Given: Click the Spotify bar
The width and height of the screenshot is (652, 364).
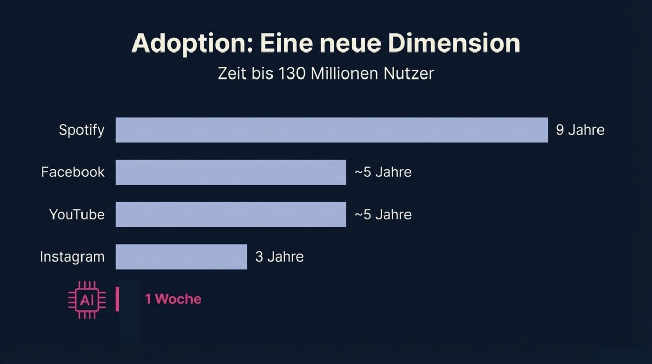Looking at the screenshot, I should point(331,130).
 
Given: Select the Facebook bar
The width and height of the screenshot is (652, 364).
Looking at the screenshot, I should point(230,172).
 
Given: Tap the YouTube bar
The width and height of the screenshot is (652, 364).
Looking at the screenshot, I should point(230,215).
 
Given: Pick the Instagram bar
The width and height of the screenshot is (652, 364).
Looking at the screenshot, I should point(181,256).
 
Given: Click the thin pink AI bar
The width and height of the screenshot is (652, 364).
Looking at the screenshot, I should point(117,299).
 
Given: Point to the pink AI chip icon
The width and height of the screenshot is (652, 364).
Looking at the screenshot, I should point(87,300).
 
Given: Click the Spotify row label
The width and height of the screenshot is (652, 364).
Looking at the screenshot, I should point(81,130).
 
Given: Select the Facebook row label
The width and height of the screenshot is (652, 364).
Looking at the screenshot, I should point(73,172).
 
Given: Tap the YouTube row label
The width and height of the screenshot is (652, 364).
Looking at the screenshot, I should point(77,215).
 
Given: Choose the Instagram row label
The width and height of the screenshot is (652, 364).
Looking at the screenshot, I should point(72,256).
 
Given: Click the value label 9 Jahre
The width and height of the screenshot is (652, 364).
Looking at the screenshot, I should point(580,130).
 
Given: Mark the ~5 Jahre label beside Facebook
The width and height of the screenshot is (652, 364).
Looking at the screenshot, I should point(383,172).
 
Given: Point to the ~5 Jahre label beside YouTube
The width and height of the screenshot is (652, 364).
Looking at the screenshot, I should point(383,215).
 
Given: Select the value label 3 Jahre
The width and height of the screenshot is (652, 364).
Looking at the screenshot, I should point(279,256).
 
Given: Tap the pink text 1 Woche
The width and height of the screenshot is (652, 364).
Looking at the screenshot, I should point(173,299).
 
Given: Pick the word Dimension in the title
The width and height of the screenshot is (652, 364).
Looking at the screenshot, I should point(454,43).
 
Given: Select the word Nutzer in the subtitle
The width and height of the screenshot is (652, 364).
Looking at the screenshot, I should point(410,73).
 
